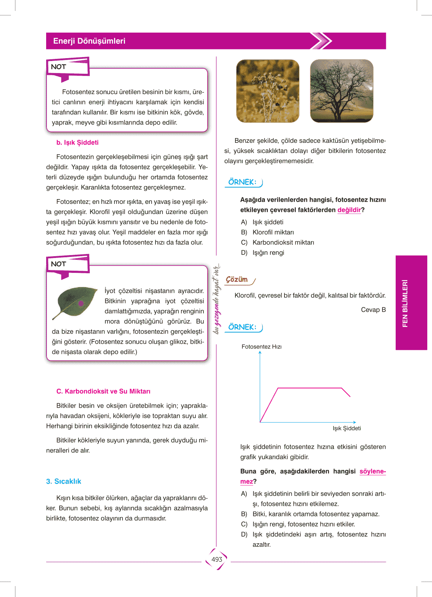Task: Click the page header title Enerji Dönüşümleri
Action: [x=89, y=41]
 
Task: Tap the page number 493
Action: [x=217, y=560]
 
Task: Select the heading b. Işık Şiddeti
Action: [x=77, y=142]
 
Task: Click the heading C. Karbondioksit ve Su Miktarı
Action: [x=103, y=391]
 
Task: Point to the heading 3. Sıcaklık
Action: [x=64, y=481]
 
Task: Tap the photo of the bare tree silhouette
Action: [x=341, y=91]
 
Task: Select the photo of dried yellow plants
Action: [x=267, y=91]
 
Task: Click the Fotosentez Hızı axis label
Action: [x=262, y=347]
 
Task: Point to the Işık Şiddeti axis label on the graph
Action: [x=347, y=428]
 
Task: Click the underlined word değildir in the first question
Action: [x=349, y=210]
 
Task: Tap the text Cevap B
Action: [x=373, y=310]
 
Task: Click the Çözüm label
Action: [x=237, y=279]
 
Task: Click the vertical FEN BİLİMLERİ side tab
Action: [x=405, y=303]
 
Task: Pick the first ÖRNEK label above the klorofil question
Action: [x=242, y=182]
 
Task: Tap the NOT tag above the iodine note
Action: [x=58, y=264]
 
